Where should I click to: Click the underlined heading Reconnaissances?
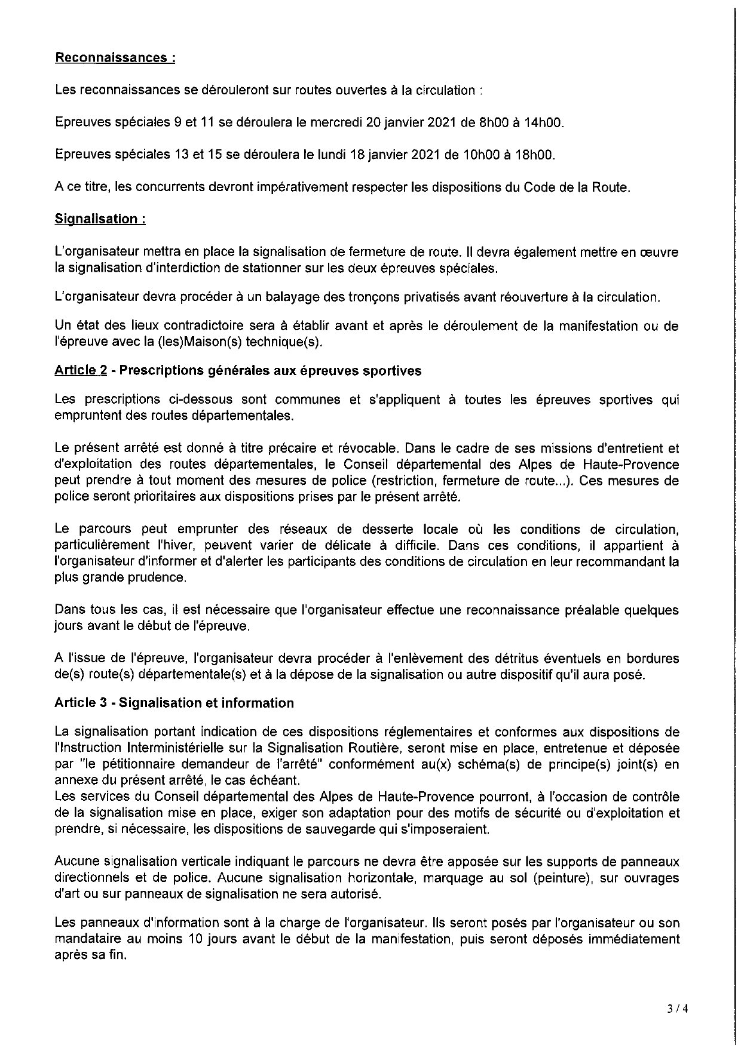[115, 58]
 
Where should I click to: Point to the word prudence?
[157, 577]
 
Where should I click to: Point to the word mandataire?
[84, 939]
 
